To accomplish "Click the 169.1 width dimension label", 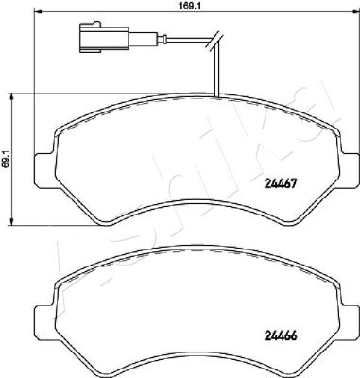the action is (x=187, y=6).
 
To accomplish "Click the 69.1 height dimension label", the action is (x=6, y=159).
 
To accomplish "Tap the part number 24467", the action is (x=281, y=183).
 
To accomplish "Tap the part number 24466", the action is (x=281, y=336).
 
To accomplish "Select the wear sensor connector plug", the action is (x=104, y=38).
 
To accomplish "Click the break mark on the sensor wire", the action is (x=215, y=40).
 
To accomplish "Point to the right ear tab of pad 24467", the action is (x=349, y=169).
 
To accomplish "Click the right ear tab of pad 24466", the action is (x=349, y=321).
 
